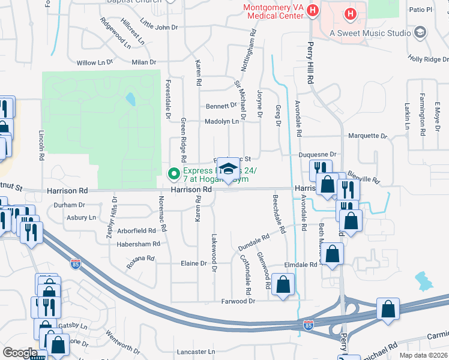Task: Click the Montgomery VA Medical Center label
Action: [273, 11]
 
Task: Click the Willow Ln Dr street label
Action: [95, 62]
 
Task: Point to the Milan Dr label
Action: [144, 62]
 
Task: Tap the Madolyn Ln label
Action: [221, 121]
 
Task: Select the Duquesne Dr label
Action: [318, 154]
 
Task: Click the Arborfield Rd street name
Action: [136, 230]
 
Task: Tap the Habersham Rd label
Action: [139, 244]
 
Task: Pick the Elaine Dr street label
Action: [193, 263]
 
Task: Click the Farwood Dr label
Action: [238, 301]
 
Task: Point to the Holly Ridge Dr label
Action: [428, 59]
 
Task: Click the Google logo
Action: [20, 353]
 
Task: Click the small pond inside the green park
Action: [130, 99]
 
